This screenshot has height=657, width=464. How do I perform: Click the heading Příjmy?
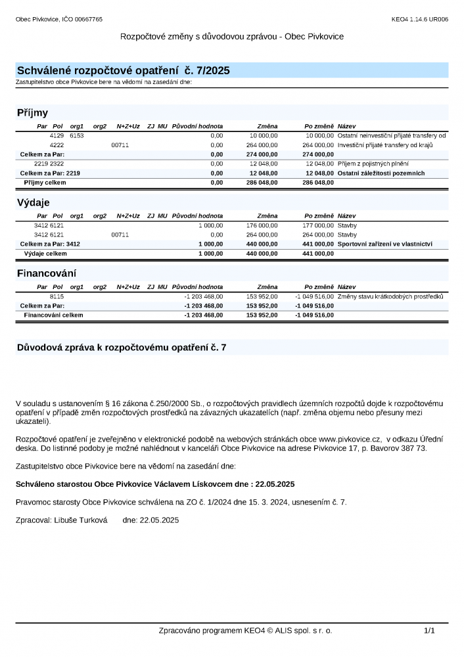32,112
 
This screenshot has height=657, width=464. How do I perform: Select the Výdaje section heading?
33,202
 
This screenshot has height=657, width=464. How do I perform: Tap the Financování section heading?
46,273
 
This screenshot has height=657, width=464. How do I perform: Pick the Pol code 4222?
57,145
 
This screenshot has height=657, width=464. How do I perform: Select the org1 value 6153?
77,135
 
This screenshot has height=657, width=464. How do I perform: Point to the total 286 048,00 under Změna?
262,182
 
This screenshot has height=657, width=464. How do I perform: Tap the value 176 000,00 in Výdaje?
262,225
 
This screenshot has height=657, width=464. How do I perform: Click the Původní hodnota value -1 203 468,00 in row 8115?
204,296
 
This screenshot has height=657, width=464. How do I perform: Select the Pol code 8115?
57,296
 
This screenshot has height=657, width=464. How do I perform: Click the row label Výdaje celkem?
45,253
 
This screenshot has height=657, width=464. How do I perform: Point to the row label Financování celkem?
53,315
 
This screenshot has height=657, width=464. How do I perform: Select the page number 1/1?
429,631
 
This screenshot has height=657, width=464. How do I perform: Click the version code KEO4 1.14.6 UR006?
419,20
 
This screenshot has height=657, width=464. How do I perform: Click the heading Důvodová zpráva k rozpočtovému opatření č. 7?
122,348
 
